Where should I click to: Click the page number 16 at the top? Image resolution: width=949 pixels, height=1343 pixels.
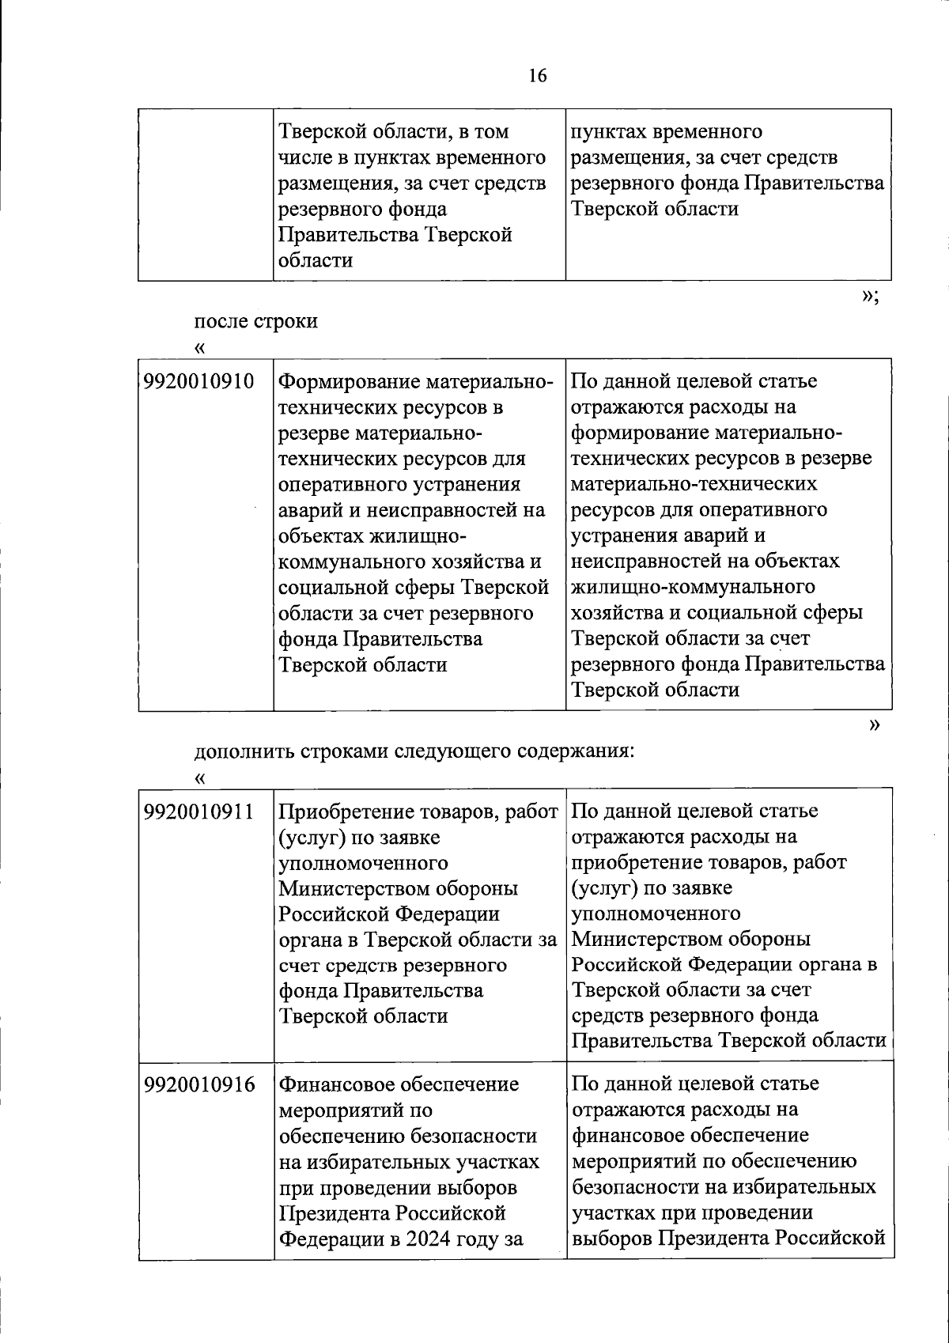click(x=537, y=76)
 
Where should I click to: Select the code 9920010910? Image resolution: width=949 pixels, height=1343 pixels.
click(x=199, y=382)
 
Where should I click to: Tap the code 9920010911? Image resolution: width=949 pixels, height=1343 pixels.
click(x=199, y=811)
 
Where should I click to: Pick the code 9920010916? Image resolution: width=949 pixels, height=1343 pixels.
click(x=199, y=1084)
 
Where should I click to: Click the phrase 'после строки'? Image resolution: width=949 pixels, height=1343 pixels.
click(x=256, y=321)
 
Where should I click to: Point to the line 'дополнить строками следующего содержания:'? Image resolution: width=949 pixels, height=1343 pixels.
click(x=414, y=751)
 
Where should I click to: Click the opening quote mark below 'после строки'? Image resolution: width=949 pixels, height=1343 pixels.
click(x=199, y=348)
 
